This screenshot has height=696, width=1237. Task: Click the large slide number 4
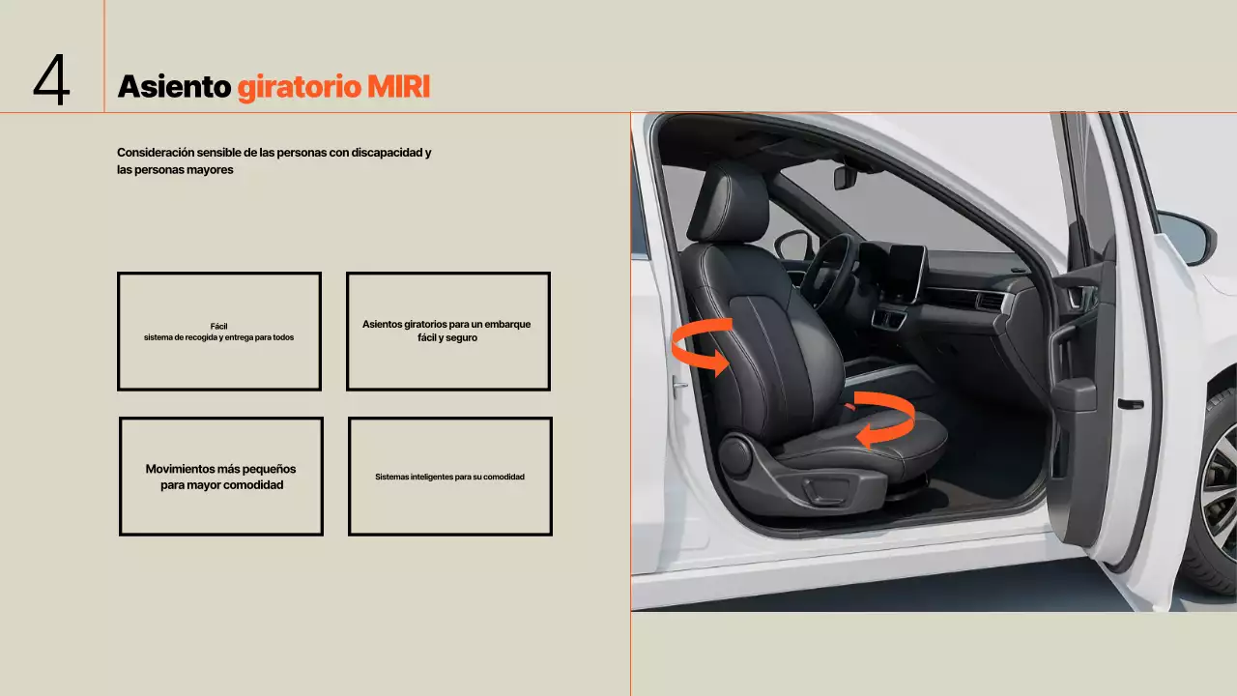pos(51,79)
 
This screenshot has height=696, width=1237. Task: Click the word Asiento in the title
pos(174,87)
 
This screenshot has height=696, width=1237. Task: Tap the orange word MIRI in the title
pos(398,87)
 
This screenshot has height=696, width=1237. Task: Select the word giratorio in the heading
pos(299,88)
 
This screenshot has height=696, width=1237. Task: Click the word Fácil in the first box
pos(218,326)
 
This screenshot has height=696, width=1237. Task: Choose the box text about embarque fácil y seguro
pos(446,331)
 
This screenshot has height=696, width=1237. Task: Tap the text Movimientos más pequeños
pos(220,469)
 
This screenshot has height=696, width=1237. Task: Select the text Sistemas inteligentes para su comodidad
pos(449,477)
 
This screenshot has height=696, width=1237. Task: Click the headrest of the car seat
pos(730,203)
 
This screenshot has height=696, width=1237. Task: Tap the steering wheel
pos(826,271)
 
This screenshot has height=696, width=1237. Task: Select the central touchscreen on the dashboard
pos(906,273)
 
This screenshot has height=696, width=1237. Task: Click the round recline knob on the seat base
pos(735,455)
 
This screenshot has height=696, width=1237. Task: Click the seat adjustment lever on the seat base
pos(826,490)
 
